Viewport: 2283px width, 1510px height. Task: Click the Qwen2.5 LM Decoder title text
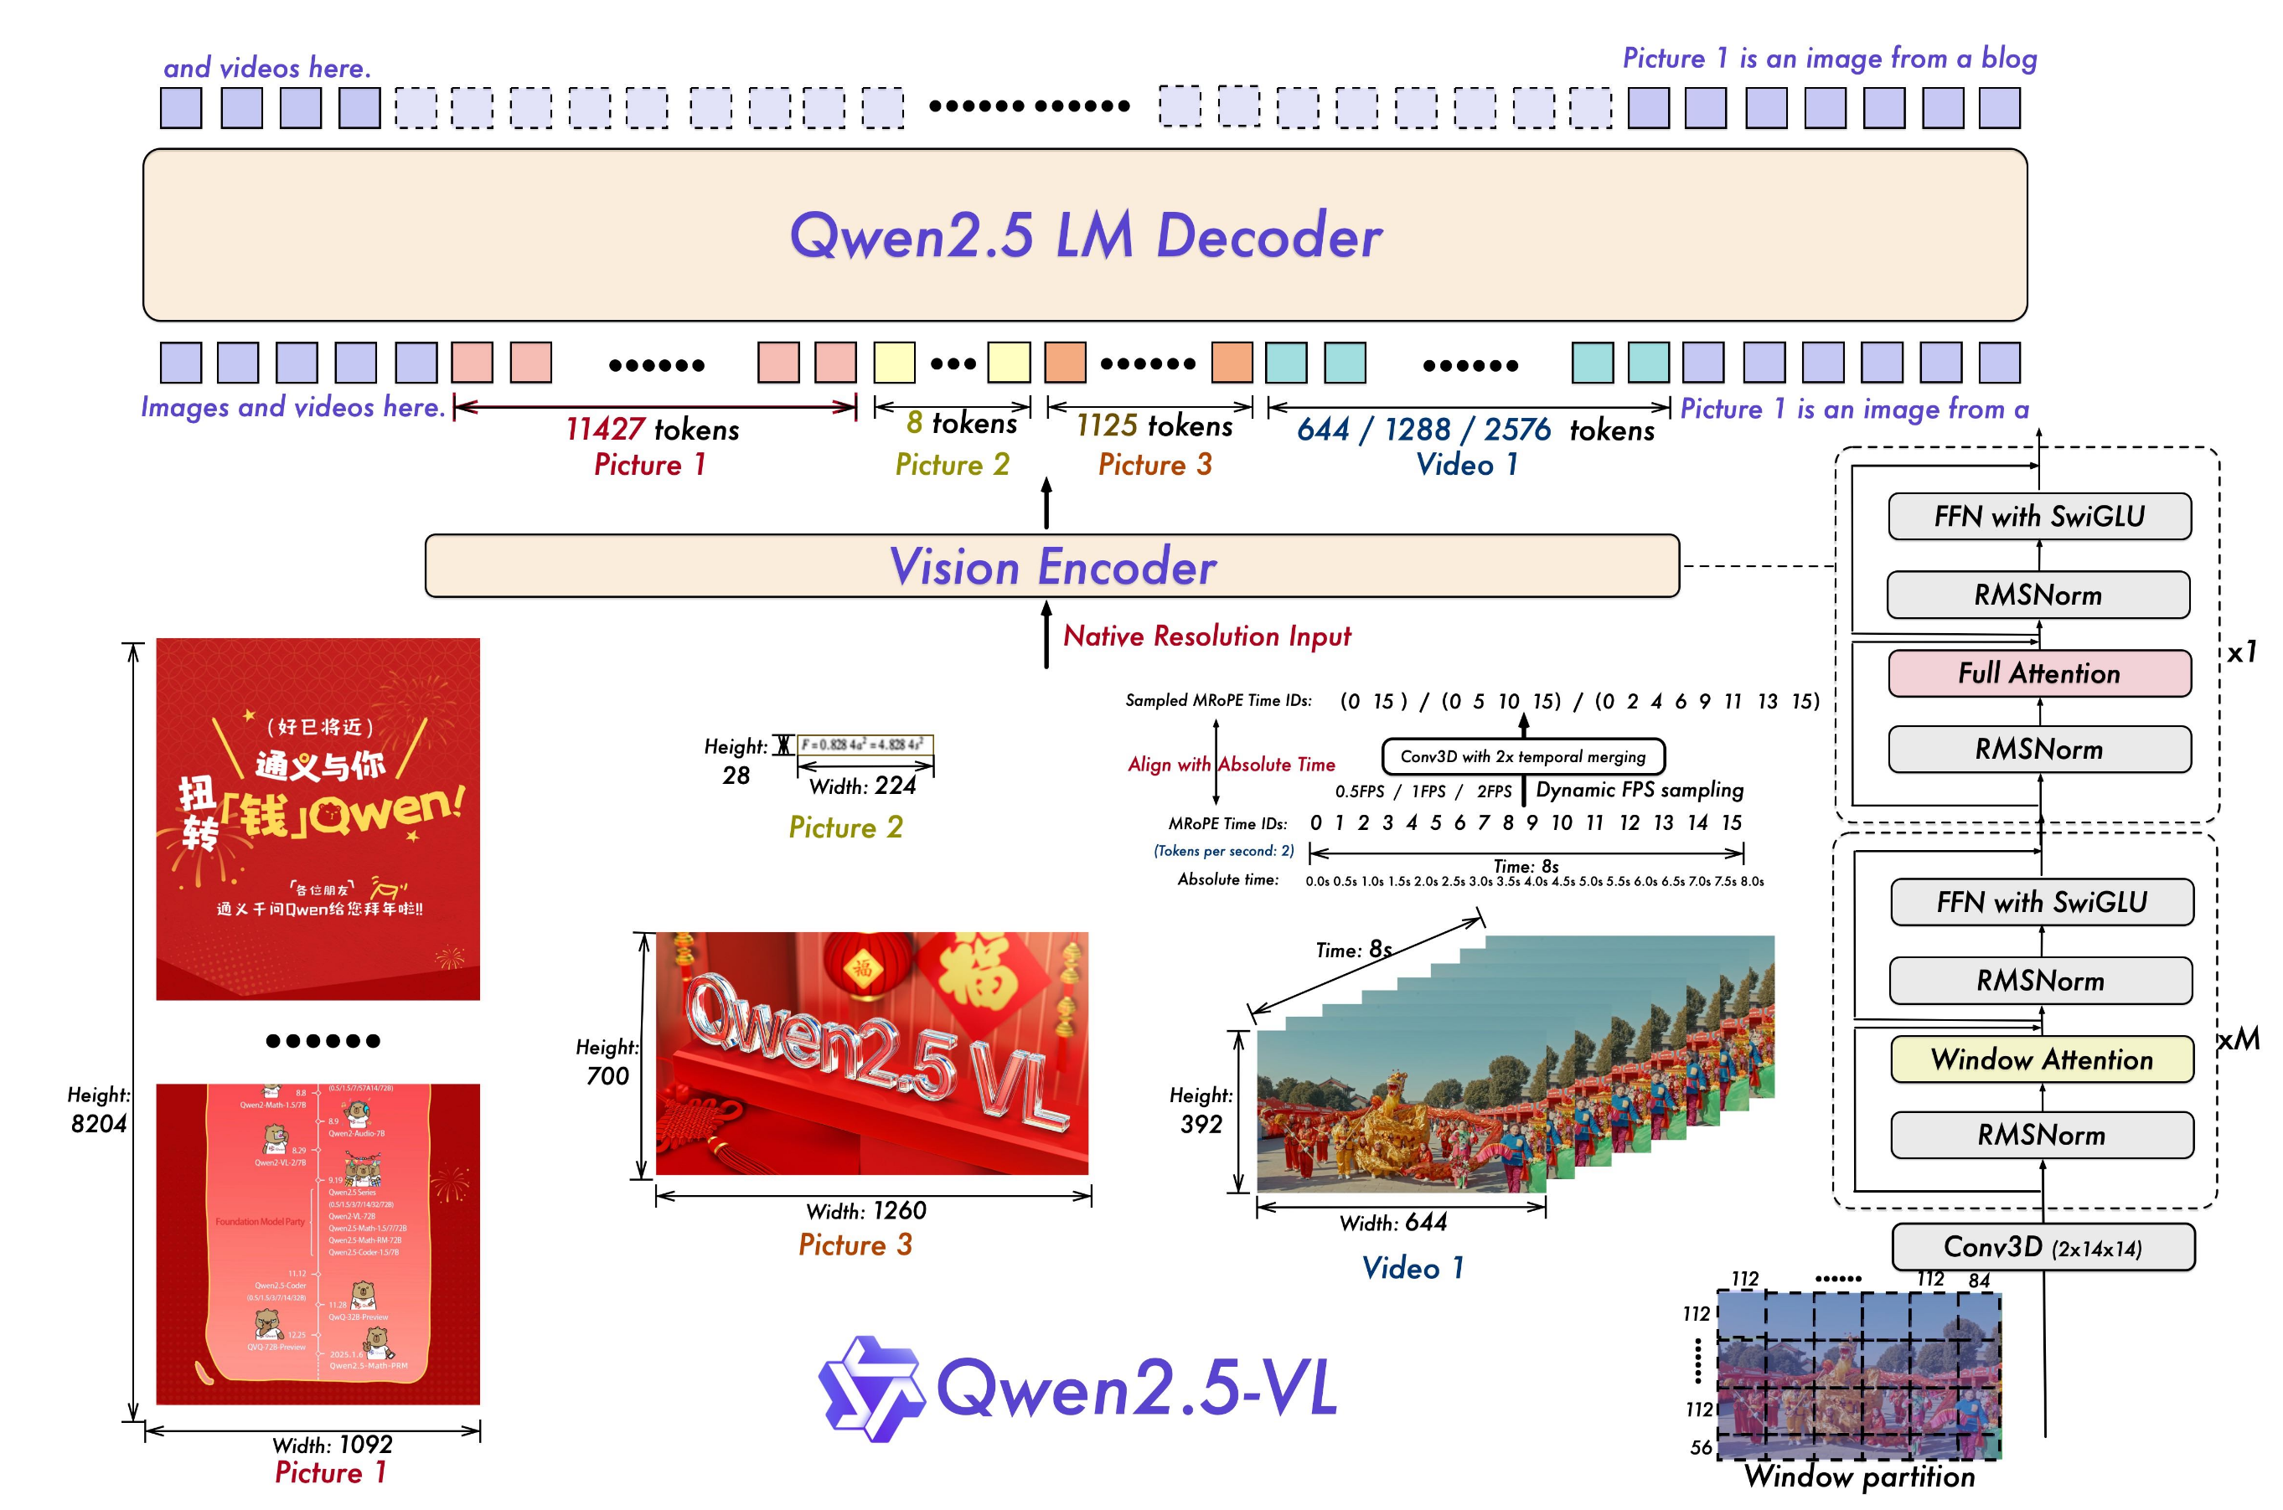(x=1086, y=235)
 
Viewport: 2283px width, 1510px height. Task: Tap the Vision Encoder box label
(x=1052, y=566)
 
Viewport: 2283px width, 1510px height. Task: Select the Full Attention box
(x=2039, y=673)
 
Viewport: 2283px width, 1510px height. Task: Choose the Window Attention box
(x=2041, y=1059)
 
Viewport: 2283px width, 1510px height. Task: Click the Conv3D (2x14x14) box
(x=2043, y=1247)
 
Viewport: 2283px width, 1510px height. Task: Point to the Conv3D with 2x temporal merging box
(x=1522, y=757)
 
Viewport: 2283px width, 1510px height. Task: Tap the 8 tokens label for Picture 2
(x=961, y=424)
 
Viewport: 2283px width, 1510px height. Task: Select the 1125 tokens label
(x=1154, y=425)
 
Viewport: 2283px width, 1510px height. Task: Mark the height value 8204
(x=98, y=1124)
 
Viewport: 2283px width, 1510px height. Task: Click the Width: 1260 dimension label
(x=866, y=1210)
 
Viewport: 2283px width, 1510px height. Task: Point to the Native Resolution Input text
(x=1206, y=636)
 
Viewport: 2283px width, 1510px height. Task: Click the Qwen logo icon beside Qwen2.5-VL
(x=870, y=1388)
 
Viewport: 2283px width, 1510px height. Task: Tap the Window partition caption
(x=1859, y=1477)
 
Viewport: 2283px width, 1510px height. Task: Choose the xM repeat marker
(x=2239, y=1040)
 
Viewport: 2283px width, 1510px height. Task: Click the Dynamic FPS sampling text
(x=1640, y=791)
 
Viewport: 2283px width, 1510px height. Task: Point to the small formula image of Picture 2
(x=864, y=745)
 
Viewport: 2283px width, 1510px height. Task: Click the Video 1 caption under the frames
(x=1413, y=1268)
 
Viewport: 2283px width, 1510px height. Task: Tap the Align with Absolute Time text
(x=1231, y=765)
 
